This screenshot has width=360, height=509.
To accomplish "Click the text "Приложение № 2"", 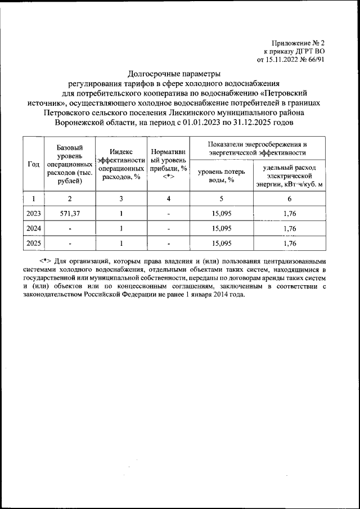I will [299, 42].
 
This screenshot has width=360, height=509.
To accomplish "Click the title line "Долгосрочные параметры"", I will [174, 73].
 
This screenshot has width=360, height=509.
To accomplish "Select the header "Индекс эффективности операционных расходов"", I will [121, 164].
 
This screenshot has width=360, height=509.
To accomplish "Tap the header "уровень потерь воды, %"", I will [222, 175].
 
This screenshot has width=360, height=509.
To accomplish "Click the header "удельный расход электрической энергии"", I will [289, 175].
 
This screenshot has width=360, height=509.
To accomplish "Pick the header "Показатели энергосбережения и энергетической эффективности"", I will [256, 148].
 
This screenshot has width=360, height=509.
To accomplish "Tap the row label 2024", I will [33, 228].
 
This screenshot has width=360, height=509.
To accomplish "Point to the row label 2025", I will [33, 244].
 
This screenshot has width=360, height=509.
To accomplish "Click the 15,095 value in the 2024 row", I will [222, 228].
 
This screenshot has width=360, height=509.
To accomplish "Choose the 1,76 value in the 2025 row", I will [290, 244].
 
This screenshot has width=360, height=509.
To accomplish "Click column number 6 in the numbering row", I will [290, 198].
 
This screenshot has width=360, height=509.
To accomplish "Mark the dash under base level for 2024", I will [69, 228].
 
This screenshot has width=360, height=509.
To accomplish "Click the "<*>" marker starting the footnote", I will [47, 261].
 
